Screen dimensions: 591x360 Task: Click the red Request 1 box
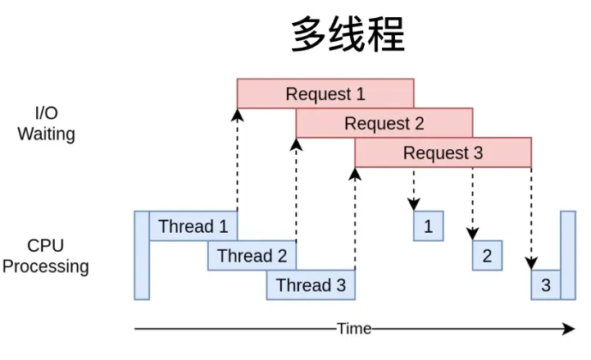point(325,93)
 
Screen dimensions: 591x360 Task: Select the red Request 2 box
point(384,123)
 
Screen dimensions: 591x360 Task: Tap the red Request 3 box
point(443,153)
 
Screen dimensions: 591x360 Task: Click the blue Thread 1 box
point(193,226)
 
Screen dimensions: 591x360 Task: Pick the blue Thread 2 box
point(252,255)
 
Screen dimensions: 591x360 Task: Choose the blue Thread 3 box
point(311,285)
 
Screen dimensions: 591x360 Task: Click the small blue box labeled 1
point(428,226)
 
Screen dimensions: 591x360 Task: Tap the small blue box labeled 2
point(487,255)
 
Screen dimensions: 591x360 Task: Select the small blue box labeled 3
point(546,285)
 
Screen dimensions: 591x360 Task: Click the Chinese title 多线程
point(348,34)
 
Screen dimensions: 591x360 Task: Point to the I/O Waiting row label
point(47,123)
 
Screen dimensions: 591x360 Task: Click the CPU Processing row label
point(46,256)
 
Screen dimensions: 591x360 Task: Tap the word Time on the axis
point(354,329)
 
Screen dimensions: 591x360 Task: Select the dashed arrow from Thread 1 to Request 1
point(238,160)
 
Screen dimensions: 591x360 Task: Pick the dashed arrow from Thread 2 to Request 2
point(296,189)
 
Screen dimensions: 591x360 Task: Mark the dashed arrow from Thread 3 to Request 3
point(355,219)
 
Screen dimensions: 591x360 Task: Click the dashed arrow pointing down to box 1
point(414,189)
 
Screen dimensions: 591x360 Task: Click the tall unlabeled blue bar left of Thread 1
point(142,255)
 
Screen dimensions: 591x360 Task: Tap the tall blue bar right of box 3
point(568,255)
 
